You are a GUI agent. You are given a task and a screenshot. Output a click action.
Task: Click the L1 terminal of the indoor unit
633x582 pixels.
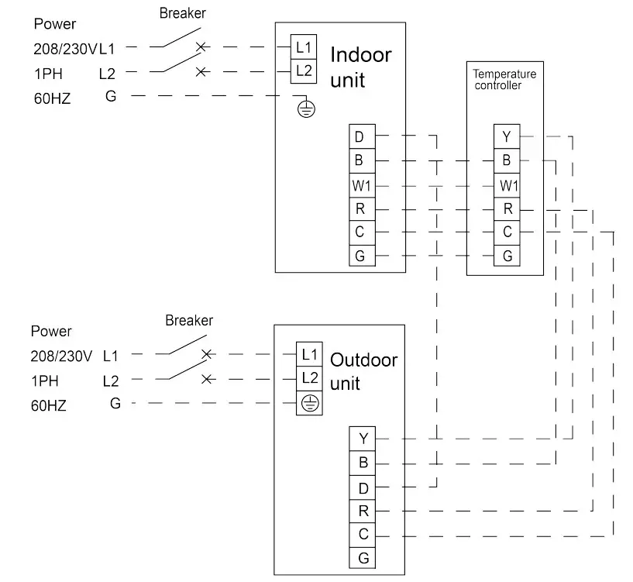tap(303, 46)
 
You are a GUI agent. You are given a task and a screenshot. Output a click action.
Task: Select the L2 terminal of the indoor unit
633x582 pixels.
tap(303, 71)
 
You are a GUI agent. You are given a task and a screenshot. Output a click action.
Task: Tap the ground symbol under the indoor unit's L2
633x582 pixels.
tap(307, 108)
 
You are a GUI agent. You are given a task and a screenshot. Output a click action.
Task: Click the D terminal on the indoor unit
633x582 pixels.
tap(360, 137)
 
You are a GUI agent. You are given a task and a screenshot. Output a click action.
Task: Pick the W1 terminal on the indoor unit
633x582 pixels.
tap(360, 185)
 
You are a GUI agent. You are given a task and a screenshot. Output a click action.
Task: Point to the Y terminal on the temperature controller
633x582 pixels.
tap(507, 137)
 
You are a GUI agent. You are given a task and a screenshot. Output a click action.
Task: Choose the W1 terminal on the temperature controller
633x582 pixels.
tap(507, 185)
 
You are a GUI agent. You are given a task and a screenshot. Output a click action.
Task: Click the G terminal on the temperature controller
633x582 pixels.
tap(507, 256)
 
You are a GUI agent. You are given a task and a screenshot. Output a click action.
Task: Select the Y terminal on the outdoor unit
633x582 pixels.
tap(363, 439)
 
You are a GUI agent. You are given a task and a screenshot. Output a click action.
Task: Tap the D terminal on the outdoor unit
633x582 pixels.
tap(363, 487)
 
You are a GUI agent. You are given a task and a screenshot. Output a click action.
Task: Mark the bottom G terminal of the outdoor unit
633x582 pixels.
tap(363, 557)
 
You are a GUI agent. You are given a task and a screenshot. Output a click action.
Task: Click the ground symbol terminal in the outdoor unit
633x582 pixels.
tap(309, 403)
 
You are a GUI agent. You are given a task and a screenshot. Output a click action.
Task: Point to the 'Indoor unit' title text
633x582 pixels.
tap(360, 67)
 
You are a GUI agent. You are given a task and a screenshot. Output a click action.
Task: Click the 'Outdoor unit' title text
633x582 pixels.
tap(363, 371)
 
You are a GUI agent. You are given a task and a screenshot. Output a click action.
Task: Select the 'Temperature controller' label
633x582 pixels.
tap(504, 80)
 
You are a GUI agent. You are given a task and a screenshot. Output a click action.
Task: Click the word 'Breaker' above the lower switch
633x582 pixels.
tap(189, 320)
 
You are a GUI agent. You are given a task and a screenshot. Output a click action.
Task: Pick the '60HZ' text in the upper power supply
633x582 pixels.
tap(53, 98)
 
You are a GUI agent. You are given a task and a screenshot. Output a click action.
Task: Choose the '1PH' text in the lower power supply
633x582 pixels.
tap(46, 381)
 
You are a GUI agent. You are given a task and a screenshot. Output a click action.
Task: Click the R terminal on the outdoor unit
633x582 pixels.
tap(363, 511)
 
